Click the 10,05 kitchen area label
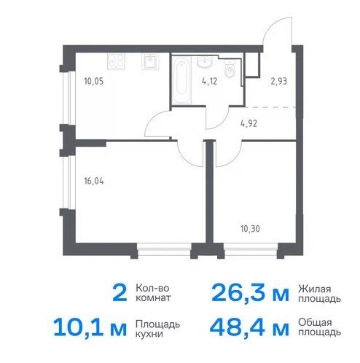point(94,81)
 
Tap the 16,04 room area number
point(94,181)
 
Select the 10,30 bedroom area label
point(250,229)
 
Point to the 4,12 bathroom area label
point(209,81)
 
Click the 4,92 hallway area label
point(249,124)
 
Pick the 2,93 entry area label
point(279,81)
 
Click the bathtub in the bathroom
point(181,79)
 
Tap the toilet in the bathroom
point(230,69)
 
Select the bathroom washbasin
point(205,62)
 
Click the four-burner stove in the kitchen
point(117,61)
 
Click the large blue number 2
point(120,293)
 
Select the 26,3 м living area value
point(251,293)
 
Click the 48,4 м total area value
point(250,328)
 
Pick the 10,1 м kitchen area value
point(90,328)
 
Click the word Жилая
point(315,289)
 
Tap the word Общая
point(315,323)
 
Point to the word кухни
point(149,334)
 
